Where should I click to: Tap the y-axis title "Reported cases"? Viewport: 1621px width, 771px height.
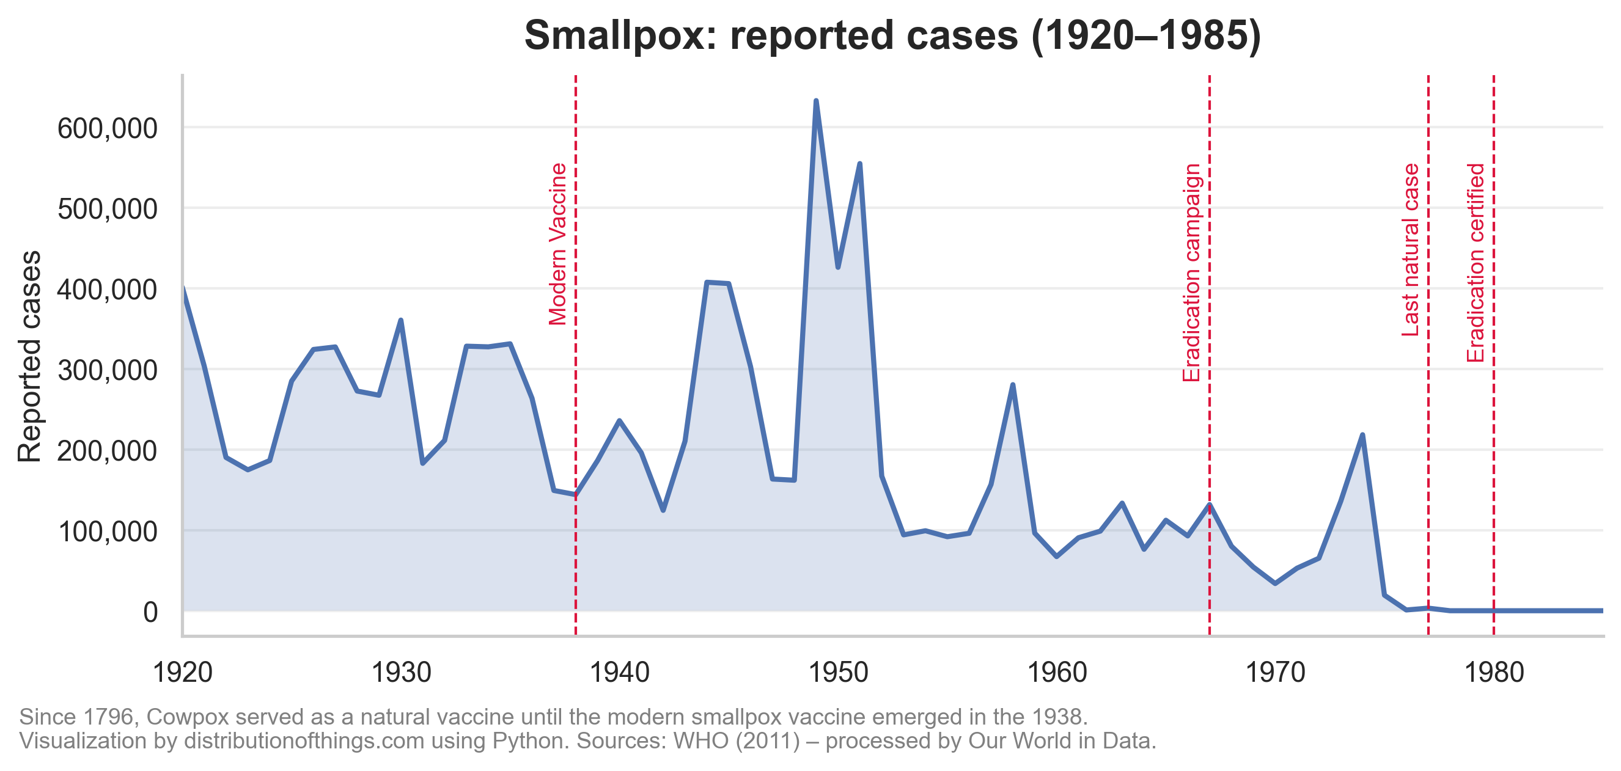point(29,356)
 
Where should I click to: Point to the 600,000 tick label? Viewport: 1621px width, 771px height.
point(107,128)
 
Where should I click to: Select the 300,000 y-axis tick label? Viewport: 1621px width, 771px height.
point(107,370)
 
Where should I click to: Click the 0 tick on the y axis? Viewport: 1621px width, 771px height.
point(150,612)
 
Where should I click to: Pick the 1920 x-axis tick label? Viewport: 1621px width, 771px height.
point(183,673)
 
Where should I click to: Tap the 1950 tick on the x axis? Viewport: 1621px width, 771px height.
point(837,673)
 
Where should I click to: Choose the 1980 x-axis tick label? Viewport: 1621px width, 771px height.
point(1494,673)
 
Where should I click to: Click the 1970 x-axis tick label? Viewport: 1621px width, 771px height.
point(1275,673)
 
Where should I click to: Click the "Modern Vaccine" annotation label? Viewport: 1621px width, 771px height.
point(558,244)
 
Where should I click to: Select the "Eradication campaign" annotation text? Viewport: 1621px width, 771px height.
point(1192,272)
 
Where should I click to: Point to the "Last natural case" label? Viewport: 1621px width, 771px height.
point(1411,250)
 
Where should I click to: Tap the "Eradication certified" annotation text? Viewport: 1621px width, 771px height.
point(1476,262)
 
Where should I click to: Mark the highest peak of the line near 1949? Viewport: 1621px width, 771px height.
point(815,101)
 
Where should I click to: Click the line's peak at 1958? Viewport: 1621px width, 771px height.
point(1012,384)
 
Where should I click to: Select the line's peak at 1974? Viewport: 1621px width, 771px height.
point(1362,434)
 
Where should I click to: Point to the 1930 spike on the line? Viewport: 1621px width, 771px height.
point(401,320)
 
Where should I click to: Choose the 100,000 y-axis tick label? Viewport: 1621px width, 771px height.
point(107,532)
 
